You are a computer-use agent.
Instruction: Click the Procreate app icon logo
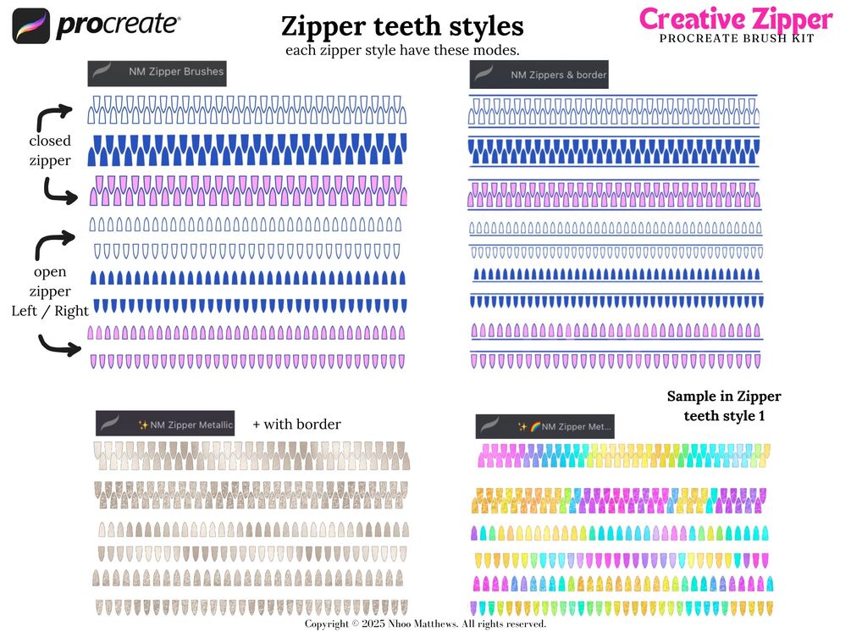coord(31,26)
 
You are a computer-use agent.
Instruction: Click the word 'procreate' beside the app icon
coord(118,26)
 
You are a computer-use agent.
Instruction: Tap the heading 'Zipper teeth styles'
coord(402,27)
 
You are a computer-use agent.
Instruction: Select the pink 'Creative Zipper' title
coord(736,19)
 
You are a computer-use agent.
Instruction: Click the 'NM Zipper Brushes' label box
coord(157,72)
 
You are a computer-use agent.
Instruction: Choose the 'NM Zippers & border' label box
coord(539,75)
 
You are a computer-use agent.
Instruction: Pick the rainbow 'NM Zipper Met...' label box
coord(544,426)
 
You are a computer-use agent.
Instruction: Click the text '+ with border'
coord(296,424)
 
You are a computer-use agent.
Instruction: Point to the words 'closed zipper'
coord(50,150)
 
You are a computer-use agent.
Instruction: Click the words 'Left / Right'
coord(50,311)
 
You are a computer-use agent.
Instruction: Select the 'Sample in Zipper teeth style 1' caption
coord(724,406)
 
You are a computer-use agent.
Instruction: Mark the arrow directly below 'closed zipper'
coord(60,192)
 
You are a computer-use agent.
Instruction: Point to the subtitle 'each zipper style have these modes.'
coord(402,51)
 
